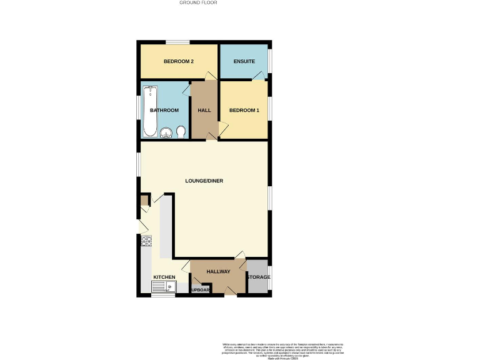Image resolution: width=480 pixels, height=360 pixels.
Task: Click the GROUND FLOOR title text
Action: (x=198, y=2)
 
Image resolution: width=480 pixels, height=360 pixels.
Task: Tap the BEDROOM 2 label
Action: (x=177, y=61)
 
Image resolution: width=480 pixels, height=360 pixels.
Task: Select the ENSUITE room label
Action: (x=244, y=61)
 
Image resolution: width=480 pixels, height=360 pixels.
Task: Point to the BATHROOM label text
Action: (x=164, y=111)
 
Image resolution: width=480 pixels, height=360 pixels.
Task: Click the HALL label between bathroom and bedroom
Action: (x=204, y=111)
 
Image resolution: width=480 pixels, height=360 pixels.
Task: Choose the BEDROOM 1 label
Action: (x=244, y=111)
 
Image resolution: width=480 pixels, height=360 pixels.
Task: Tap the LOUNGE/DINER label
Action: (x=204, y=181)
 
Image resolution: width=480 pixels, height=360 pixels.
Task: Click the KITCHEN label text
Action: (x=164, y=277)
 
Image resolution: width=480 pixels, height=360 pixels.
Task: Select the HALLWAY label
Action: (x=219, y=271)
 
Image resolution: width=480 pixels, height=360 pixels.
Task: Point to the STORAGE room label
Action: (x=257, y=277)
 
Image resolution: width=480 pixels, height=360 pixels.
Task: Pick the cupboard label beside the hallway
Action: (x=201, y=290)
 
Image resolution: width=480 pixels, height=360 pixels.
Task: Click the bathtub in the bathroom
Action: (x=150, y=111)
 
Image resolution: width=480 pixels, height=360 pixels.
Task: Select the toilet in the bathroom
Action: (x=181, y=131)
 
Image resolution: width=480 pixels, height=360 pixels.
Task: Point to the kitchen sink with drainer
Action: (x=164, y=287)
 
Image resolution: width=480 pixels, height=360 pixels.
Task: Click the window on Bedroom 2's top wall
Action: (x=177, y=42)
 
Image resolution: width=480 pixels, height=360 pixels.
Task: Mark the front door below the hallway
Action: (x=231, y=295)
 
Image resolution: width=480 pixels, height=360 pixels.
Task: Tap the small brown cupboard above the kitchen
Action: (x=144, y=200)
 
